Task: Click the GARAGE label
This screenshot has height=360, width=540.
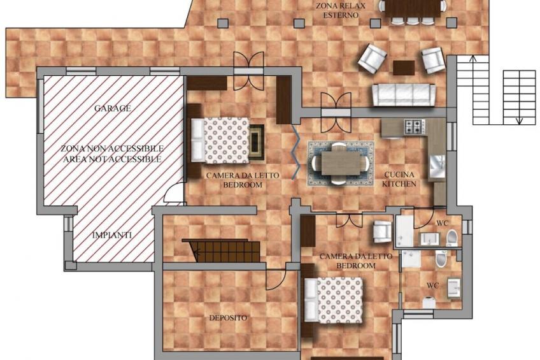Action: point(113,108)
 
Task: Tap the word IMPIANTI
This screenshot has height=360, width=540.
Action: point(112,235)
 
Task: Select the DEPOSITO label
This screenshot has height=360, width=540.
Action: point(228,317)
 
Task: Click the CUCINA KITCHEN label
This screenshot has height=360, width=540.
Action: point(399,179)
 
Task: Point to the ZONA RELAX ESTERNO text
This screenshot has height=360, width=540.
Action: point(336,10)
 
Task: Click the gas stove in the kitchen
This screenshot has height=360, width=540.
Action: point(415,126)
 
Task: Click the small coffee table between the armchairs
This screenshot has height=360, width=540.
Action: point(404,68)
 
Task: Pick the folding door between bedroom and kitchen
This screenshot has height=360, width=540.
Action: point(295,152)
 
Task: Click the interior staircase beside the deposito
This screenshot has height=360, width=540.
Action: point(222,250)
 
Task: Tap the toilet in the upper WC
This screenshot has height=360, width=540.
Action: point(452,238)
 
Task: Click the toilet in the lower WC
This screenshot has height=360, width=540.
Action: point(441,259)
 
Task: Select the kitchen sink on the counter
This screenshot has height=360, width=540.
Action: point(437,166)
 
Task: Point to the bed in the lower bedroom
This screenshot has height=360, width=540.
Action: point(334,300)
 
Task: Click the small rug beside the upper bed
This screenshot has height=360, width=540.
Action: point(256,141)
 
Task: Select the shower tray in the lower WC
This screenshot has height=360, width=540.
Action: point(411,259)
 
